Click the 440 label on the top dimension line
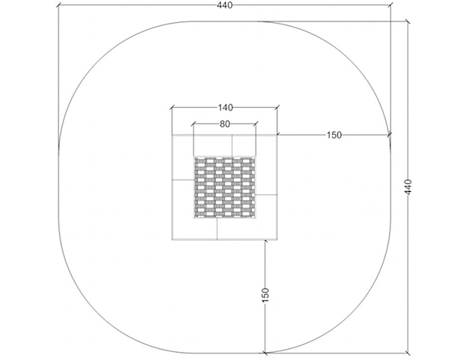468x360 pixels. point(225,5)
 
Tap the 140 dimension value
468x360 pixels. point(225,108)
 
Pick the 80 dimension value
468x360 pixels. point(225,124)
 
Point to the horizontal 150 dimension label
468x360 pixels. point(333,135)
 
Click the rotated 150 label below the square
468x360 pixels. point(266,295)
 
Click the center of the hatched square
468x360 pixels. point(225,187)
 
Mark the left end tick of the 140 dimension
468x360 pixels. point(172,108)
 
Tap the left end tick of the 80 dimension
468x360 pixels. point(194,124)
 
